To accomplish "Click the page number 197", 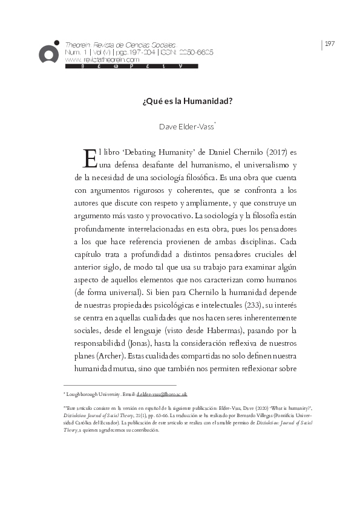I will (330, 44).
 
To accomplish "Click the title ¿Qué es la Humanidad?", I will (180, 102).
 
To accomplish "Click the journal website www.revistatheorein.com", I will (102, 60).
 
